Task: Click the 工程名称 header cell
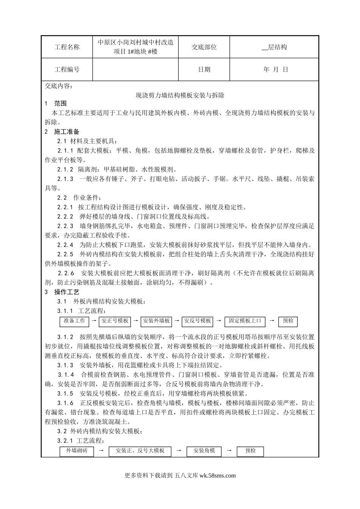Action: (x=67, y=47)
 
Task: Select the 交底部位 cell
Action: (x=204, y=47)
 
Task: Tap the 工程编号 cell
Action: (x=67, y=69)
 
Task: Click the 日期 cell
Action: (x=204, y=69)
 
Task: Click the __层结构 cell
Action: (x=274, y=47)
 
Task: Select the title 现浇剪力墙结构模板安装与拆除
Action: (x=180, y=95)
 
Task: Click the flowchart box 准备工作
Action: (x=74, y=321)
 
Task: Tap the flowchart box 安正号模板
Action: (x=114, y=321)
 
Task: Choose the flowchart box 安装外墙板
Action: (x=156, y=321)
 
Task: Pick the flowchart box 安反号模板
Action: (x=197, y=321)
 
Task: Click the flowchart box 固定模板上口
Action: (x=245, y=321)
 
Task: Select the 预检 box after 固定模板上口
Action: (x=288, y=321)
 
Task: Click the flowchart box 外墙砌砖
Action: (x=77, y=451)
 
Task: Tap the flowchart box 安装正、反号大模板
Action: (x=140, y=451)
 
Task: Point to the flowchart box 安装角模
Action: (x=204, y=451)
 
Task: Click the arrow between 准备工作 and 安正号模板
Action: (x=94, y=321)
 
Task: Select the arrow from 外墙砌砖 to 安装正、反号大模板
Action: (x=101, y=451)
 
